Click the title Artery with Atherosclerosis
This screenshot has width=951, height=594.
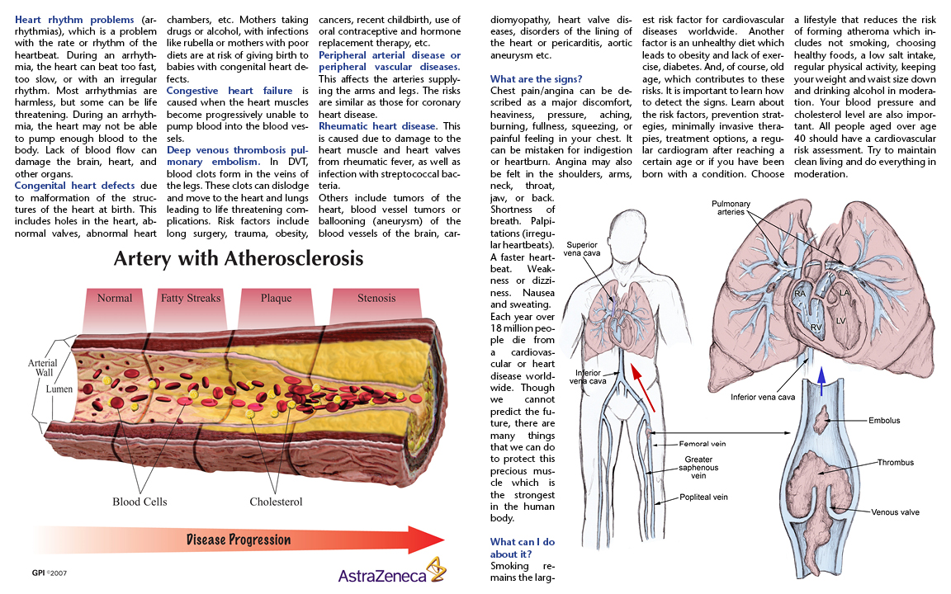coord(238,259)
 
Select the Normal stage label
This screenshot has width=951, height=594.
coord(115,298)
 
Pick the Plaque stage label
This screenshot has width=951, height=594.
coord(276,298)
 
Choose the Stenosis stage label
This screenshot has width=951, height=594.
coord(376,298)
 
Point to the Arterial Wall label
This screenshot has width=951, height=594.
coord(43,368)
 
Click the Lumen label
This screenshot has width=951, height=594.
coord(59,389)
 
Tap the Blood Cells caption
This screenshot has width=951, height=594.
coord(140,502)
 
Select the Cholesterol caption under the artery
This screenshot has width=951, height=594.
coord(276,502)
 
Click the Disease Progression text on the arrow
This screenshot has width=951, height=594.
coord(238,540)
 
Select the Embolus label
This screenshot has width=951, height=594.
coord(884,421)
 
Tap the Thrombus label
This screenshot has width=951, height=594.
coord(895,463)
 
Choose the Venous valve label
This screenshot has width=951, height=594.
coord(896,512)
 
